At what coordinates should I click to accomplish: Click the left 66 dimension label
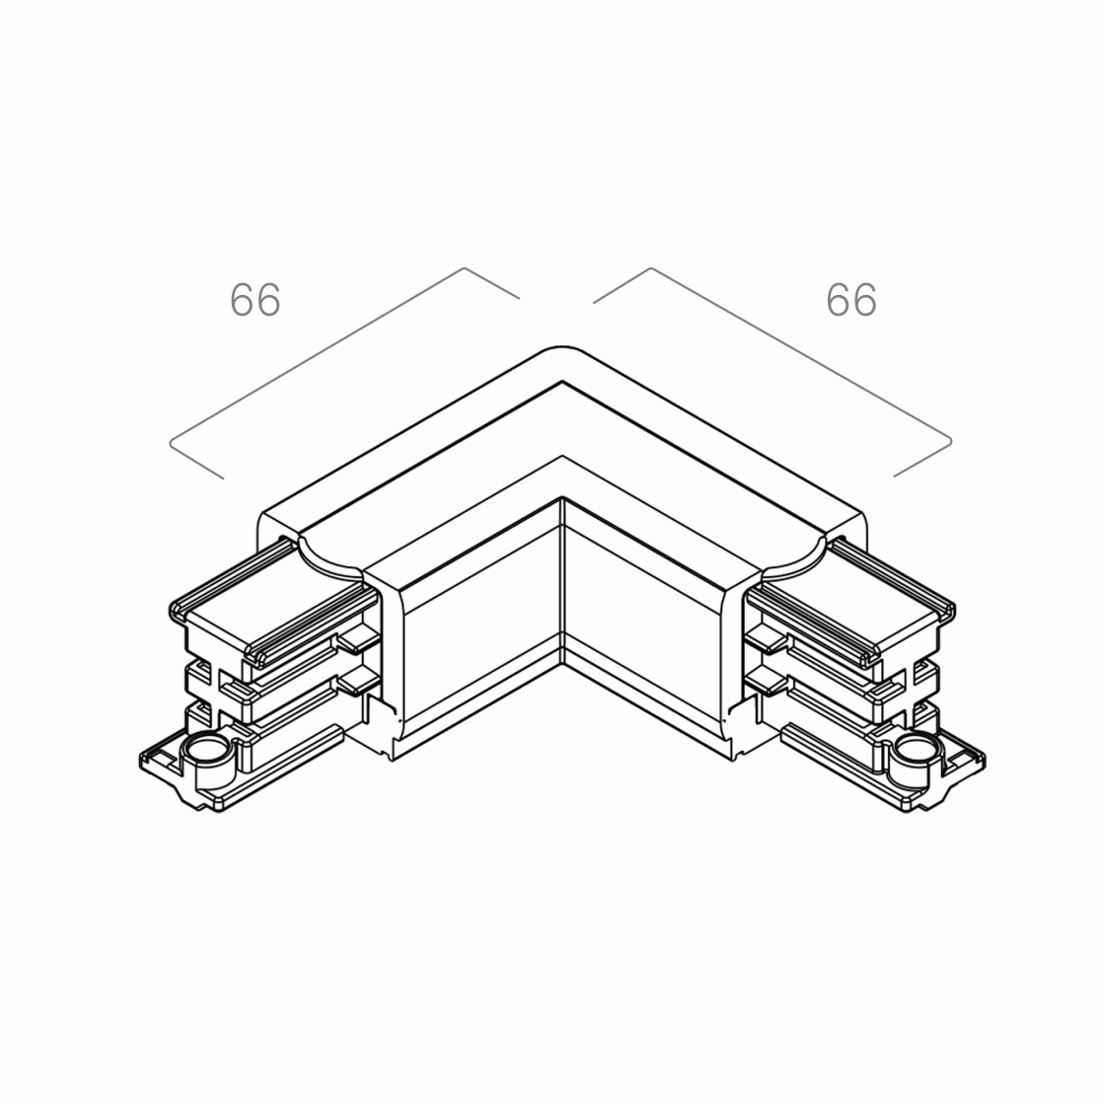coord(255,300)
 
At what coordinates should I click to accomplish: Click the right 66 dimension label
coord(851,300)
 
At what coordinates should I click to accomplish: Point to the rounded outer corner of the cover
coord(561,348)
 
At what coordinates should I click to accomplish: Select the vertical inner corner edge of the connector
coord(562,581)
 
